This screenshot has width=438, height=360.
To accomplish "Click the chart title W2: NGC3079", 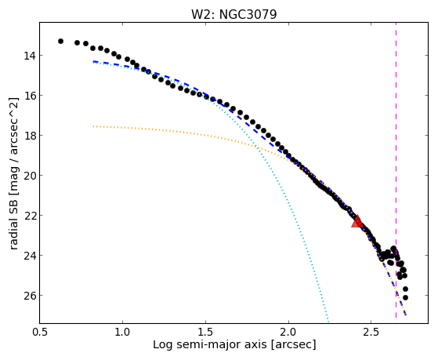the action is [x=233, y=14].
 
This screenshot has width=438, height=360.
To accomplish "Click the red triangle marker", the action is [x=357, y=221].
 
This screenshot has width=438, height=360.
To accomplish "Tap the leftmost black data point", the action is [x=60, y=41].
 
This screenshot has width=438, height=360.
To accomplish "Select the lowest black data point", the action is [x=405, y=297].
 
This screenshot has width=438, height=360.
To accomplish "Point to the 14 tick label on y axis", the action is [x=30, y=56].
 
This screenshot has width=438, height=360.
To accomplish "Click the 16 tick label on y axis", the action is [x=30, y=96].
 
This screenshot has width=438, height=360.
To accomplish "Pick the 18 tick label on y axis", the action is [x=30, y=136].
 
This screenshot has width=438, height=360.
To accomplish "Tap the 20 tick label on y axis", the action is [x=30, y=176].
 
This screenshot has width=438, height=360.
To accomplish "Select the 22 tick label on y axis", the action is [x=30, y=216].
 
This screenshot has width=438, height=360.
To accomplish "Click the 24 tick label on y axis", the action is [x=30, y=256].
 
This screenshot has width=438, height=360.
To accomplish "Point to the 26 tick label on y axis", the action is [x=30, y=296].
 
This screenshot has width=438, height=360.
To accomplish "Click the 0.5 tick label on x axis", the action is [x=40, y=332].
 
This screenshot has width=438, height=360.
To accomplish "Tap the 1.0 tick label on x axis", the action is [x=123, y=332].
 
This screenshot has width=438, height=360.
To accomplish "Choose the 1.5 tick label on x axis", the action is [x=205, y=332].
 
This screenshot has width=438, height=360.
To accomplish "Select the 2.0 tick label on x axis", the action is [x=288, y=332].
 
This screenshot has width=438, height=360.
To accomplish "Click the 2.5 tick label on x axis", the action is [x=371, y=332].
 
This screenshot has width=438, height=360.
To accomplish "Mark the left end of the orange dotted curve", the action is [x=93, y=126].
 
